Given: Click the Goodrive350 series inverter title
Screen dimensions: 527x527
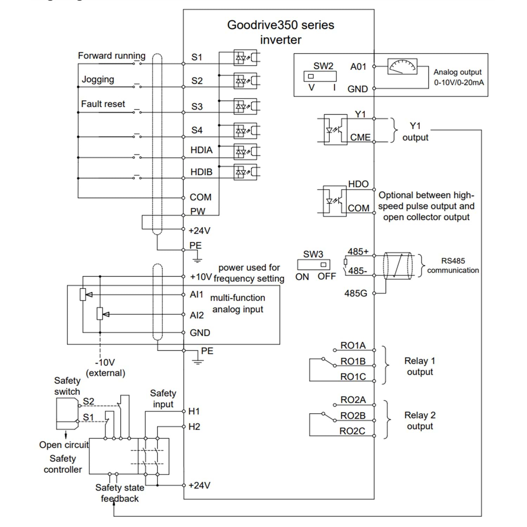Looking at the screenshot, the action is pyautogui.click(x=281, y=32).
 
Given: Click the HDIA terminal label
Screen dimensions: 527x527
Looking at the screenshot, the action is pyautogui.click(x=201, y=150).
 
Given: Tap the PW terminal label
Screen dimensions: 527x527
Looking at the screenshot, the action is pyautogui.click(x=197, y=212).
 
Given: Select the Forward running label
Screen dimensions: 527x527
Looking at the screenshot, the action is pyautogui.click(x=112, y=56).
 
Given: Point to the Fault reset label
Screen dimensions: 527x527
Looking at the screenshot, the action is pyautogui.click(x=103, y=104).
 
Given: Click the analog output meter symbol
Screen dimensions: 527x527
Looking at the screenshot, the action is pyautogui.click(x=402, y=66).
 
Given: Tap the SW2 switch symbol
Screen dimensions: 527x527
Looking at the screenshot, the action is pyautogui.click(x=320, y=76).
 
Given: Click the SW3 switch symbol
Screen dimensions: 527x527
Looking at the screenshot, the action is pyautogui.click(x=314, y=265).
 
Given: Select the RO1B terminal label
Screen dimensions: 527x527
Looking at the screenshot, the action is pyautogui.click(x=353, y=361).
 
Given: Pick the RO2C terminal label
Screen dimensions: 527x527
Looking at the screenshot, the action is pyautogui.click(x=352, y=431).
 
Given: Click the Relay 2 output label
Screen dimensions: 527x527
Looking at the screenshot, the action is pyautogui.click(x=420, y=421).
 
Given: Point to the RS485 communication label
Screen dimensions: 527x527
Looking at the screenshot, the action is pyautogui.click(x=453, y=266).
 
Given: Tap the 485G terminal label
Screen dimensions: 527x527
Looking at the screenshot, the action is pyautogui.click(x=356, y=293).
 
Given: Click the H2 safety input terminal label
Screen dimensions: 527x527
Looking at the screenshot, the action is pyautogui.click(x=194, y=427).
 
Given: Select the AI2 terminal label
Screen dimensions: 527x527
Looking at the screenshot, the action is pyautogui.click(x=197, y=315).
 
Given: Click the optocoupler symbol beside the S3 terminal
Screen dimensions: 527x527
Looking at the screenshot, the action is pyautogui.click(x=245, y=106).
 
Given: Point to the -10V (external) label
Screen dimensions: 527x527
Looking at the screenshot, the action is pyautogui.click(x=105, y=367).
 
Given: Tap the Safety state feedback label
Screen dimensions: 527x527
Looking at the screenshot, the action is pyautogui.click(x=120, y=493).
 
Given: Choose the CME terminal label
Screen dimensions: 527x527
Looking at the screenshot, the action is pyautogui.click(x=360, y=137).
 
